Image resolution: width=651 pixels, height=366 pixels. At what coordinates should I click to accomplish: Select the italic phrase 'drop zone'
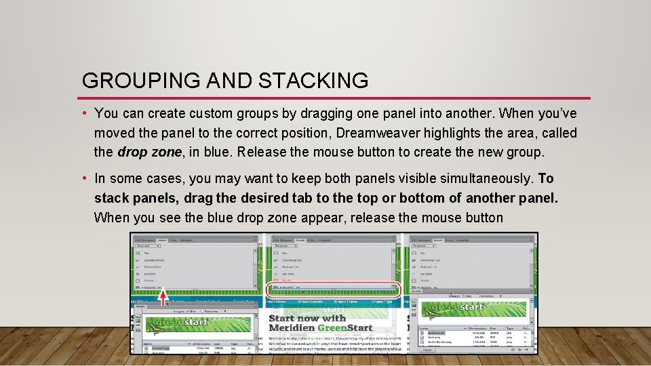[x=149, y=152]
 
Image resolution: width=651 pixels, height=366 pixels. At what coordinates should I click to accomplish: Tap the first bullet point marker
[x=85, y=113]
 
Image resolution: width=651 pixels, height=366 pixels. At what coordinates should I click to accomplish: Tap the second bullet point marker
[x=85, y=179]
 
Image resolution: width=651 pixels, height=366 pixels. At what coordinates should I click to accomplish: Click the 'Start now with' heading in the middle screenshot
[x=307, y=318]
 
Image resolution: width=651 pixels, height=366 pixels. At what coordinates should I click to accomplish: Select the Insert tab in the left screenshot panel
[x=161, y=240]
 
